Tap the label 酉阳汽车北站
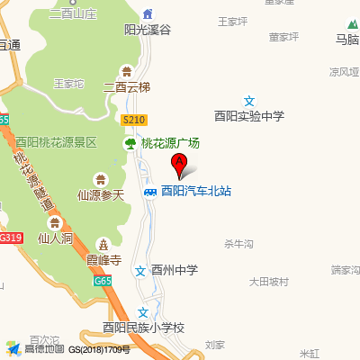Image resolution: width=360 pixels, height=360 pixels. tap(196, 191)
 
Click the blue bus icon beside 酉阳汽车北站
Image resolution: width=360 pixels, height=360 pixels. tap(148, 191)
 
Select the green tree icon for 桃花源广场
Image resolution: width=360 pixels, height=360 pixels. tap(130, 143)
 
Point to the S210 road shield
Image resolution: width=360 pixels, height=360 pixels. tap(133, 119)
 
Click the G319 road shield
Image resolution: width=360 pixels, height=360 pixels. tap(10, 238)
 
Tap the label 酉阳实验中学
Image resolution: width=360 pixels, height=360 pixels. tap(249, 116)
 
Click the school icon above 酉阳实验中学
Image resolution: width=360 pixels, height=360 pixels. tap(249, 102)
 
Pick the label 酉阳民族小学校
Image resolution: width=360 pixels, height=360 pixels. tap(143, 328)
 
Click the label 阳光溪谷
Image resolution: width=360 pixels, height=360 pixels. tap(147, 30)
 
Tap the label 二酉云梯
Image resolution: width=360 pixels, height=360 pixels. tap(127, 87)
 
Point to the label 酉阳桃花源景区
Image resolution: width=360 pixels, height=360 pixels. tap(56, 142)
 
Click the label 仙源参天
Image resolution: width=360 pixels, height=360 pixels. tap(100, 193)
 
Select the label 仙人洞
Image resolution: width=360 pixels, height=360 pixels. tap(56, 238)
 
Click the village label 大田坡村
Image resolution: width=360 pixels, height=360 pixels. tap(269, 282)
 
